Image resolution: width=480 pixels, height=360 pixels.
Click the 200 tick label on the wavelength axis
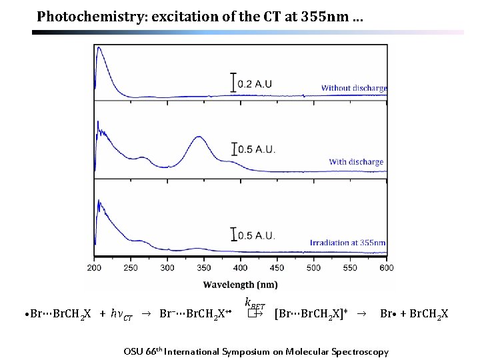(95, 268)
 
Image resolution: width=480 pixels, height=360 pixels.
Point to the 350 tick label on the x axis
(204, 268)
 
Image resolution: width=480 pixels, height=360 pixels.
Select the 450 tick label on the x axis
(277, 268)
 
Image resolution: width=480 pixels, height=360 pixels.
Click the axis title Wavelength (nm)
(241, 285)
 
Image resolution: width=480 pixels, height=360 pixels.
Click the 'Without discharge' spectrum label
(353, 88)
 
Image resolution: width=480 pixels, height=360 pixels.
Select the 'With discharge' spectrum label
(356, 162)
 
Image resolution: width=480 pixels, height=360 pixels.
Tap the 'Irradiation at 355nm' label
(348, 243)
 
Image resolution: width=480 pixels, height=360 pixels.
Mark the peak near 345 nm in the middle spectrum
(199, 137)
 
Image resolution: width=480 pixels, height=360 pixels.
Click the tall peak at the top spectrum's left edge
(99, 47)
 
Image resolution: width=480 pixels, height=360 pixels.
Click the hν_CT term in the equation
(121, 314)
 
